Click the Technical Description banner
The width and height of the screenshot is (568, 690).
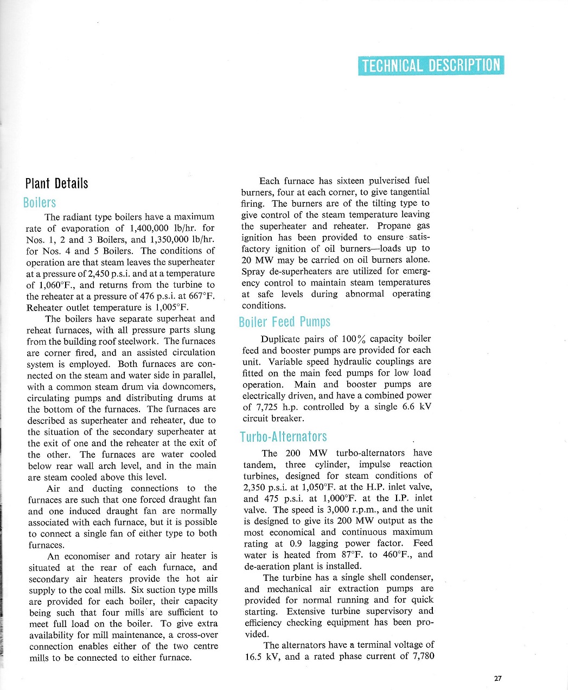431,66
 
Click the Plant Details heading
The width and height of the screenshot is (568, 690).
56,183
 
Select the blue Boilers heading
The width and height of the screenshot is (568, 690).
40,203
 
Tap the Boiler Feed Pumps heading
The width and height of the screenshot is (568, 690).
284,322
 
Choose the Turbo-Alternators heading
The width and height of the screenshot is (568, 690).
283,437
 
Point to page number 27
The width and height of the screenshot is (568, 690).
498,678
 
